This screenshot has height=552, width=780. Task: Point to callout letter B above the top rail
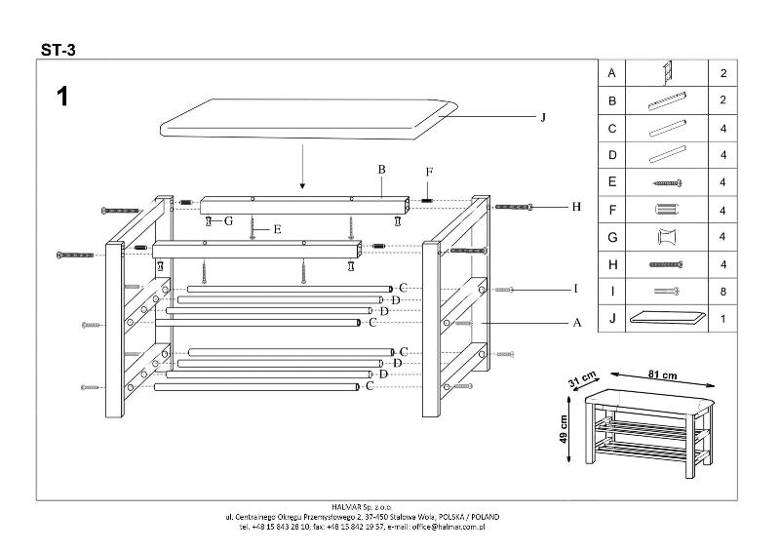(x=382, y=170)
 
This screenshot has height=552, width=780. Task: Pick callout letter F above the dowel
(x=427, y=173)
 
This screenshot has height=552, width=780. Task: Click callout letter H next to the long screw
(x=576, y=207)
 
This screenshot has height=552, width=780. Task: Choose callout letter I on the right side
(x=576, y=289)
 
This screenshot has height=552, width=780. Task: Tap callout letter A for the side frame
(x=576, y=322)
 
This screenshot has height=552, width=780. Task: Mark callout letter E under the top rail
(x=277, y=230)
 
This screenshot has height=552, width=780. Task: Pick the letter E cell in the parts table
(x=611, y=181)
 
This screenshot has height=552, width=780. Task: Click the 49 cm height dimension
(x=564, y=426)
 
